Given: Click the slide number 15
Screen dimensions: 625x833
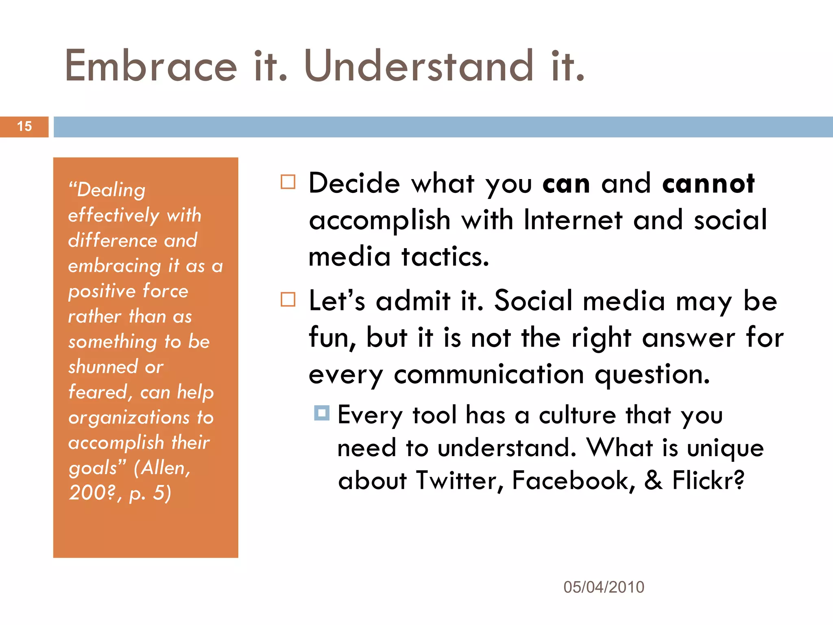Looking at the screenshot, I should (24, 127).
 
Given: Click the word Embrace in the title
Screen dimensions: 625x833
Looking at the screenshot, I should (151, 66).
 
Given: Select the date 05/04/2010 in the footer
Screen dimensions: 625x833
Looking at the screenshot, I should (604, 587).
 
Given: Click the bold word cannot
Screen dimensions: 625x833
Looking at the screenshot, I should (708, 184).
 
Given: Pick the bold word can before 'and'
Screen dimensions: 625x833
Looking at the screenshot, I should (566, 184).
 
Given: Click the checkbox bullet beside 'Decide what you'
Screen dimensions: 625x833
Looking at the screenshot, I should (288, 182).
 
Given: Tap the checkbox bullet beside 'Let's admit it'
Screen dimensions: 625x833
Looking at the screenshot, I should (288, 299).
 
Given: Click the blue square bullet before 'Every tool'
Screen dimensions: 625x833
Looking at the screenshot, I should (322, 413).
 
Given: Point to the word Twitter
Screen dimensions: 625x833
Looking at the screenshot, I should (459, 481).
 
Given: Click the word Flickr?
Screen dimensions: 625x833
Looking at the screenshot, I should (708, 481).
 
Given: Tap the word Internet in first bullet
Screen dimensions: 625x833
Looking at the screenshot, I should (573, 220).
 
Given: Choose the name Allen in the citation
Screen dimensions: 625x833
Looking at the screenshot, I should (162, 468).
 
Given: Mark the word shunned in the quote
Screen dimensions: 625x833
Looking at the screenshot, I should (103, 367).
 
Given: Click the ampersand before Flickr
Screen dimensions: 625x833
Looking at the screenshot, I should (653, 481).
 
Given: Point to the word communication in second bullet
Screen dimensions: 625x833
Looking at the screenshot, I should (489, 374).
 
